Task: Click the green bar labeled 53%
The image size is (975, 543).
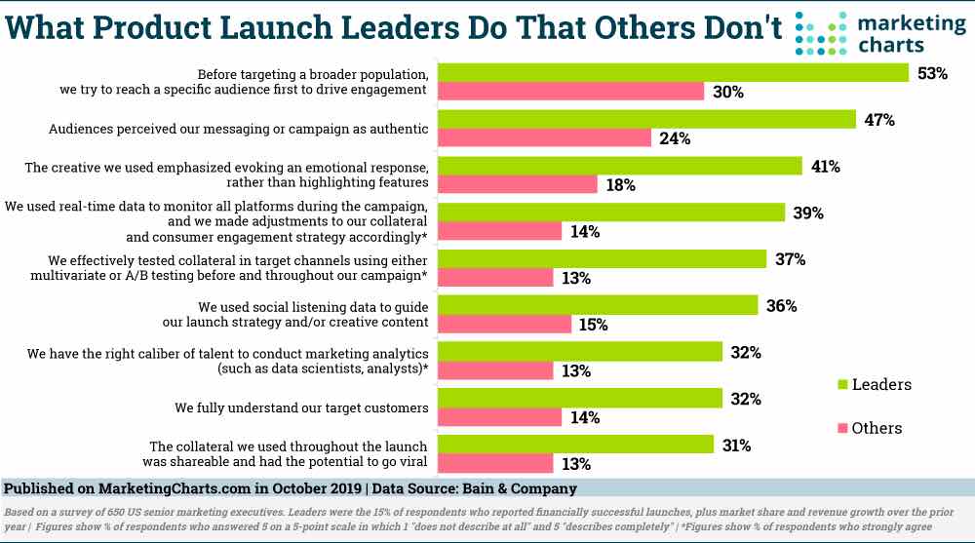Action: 673,73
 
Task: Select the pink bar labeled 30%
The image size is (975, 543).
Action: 570,92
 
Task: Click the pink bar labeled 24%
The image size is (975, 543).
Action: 544,138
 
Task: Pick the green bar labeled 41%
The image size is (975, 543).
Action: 619,166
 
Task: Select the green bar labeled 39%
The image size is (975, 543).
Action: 610,213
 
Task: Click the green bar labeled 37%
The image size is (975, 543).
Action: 602,259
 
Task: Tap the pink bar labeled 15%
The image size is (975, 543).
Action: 504,324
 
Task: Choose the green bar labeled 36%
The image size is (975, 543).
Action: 598,305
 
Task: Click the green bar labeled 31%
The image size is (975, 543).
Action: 575,445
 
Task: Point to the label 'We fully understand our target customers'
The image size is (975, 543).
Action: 303,407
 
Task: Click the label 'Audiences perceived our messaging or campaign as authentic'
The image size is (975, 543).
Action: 240,128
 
